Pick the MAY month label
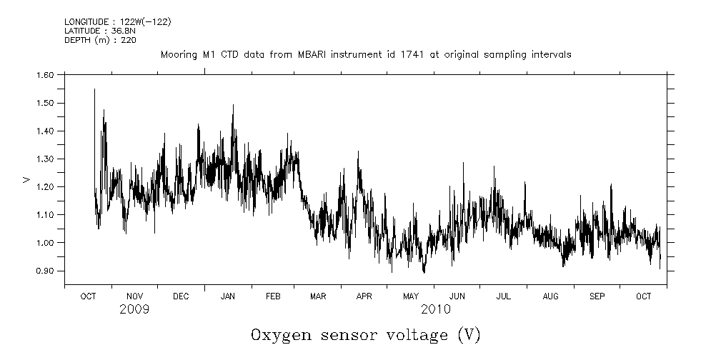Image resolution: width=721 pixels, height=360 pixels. coord(411,296)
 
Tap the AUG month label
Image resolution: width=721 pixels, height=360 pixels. coord(551,296)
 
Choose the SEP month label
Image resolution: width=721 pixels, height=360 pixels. coord(597,296)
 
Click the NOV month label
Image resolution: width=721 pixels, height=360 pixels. coord(134,296)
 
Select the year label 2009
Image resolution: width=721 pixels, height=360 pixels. coord(134,310)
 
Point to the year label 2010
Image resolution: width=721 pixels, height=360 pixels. coord(435,310)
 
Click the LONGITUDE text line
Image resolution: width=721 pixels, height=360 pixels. coord(117,21)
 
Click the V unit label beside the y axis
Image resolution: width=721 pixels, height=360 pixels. coord(26,179)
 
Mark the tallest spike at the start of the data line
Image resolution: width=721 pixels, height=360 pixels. coord(94,90)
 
